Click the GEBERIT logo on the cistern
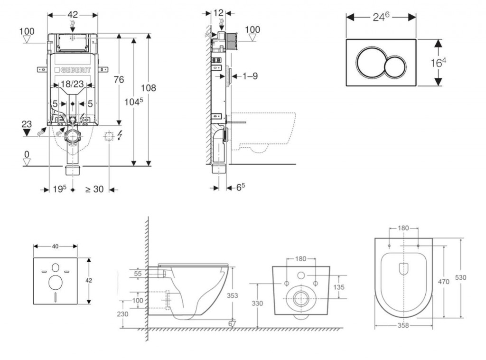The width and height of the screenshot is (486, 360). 72,70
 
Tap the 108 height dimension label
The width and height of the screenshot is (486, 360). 149,88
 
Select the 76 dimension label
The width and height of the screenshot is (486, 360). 118,79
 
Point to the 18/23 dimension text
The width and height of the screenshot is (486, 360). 73,84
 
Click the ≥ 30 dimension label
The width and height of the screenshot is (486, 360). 94,189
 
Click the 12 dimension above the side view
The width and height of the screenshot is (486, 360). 218,13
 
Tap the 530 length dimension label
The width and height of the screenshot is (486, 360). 460,277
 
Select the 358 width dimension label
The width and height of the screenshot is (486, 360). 403,326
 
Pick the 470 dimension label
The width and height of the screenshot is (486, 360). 443,282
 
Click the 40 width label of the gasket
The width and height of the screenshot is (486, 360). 55,246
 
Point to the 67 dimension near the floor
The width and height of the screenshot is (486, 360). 232,323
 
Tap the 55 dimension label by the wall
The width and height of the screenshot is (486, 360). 138,274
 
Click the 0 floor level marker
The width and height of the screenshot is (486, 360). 27,154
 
